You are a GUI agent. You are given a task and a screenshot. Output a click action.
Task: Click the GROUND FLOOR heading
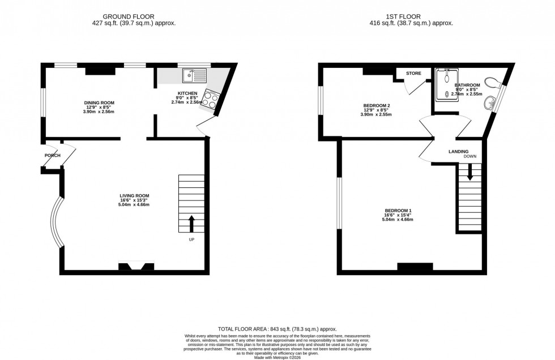[x=134, y=16]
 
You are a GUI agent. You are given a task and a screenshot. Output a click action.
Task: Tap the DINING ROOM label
[x=100, y=103]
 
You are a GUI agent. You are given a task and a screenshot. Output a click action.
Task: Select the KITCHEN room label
[x=187, y=93]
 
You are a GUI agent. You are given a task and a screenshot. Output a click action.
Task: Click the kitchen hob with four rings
[x=210, y=100]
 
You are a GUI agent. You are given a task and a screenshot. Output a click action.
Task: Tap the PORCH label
[x=52, y=155]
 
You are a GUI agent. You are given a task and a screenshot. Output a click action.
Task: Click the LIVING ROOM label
[x=134, y=196]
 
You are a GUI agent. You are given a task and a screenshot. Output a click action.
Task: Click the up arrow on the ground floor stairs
[x=191, y=224]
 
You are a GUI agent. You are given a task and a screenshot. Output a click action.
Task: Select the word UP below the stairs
[x=192, y=239]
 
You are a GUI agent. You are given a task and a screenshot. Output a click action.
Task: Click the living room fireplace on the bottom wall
[x=135, y=267]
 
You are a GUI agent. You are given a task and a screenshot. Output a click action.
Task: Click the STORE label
[x=413, y=73]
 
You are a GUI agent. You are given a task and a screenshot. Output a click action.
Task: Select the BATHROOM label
[x=467, y=85]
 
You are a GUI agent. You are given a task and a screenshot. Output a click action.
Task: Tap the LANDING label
[x=458, y=151]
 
